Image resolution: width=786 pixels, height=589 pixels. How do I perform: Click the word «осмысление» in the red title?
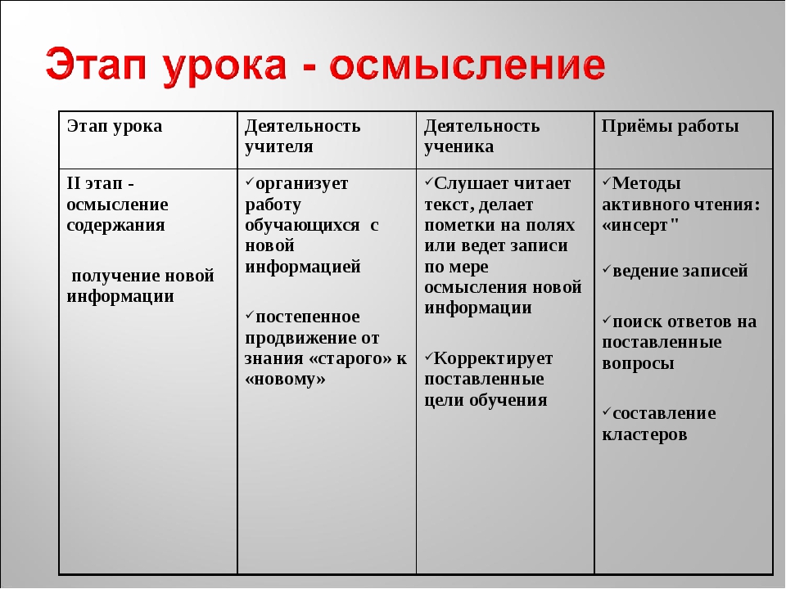(468, 65)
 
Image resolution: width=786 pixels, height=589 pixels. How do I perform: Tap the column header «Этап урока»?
(115, 126)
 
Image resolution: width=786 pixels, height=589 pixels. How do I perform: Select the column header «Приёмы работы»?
(671, 126)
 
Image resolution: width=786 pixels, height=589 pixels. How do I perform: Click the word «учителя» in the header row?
(279, 146)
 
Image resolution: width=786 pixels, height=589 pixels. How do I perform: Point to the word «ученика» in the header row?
(458, 146)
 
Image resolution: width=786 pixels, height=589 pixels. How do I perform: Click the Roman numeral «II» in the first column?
(74, 183)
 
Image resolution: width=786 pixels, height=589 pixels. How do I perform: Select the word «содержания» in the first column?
(115, 225)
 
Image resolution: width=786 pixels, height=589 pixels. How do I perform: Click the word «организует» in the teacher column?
(302, 184)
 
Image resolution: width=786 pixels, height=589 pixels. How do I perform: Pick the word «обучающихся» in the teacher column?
(302, 226)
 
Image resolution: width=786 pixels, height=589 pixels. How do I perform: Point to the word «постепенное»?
(308, 317)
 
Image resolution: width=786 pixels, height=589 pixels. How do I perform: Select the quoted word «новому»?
(285, 379)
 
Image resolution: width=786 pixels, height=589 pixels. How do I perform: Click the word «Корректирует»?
(493, 358)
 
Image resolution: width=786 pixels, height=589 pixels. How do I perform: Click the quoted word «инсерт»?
(640, 226)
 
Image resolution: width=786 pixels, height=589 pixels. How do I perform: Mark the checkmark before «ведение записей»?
(607, 269)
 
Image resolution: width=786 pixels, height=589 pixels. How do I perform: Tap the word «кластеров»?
(644, 434)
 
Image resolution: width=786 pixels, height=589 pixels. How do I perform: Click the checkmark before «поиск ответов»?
(607, 319)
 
